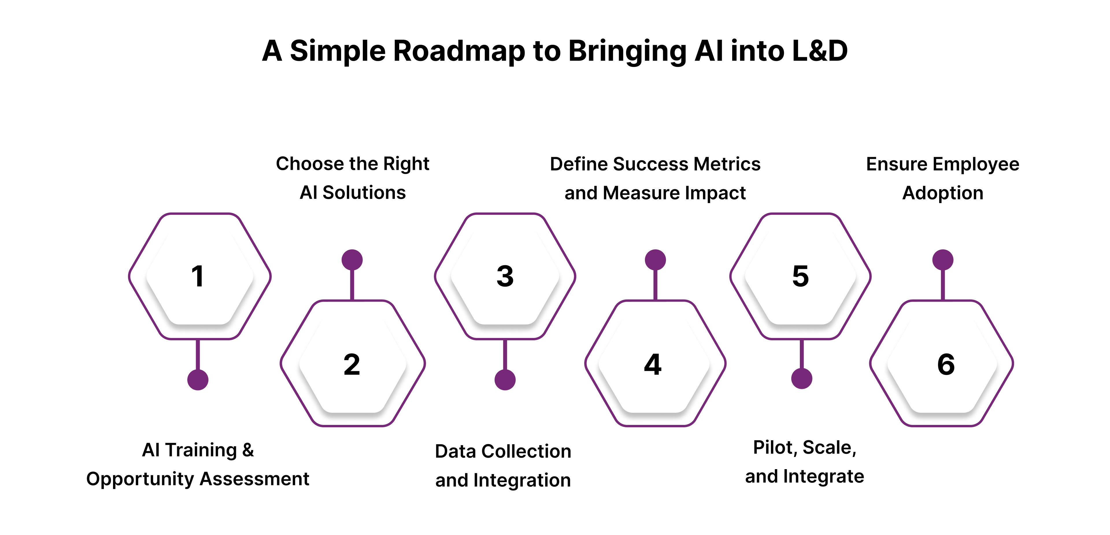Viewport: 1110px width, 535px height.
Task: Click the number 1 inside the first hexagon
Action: coord(198,276)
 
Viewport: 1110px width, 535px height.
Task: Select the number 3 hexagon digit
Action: coord(505,276)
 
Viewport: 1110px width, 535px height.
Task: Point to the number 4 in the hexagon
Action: coord(653,365)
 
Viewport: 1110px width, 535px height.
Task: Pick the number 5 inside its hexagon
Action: coord(801,276)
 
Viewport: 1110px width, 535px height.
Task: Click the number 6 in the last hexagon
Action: coord(946,365)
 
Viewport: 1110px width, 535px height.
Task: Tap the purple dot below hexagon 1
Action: coord(198,380)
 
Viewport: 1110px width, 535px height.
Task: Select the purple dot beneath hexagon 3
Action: coord(505,380)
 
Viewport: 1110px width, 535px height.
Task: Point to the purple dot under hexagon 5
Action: coord(802,379)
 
